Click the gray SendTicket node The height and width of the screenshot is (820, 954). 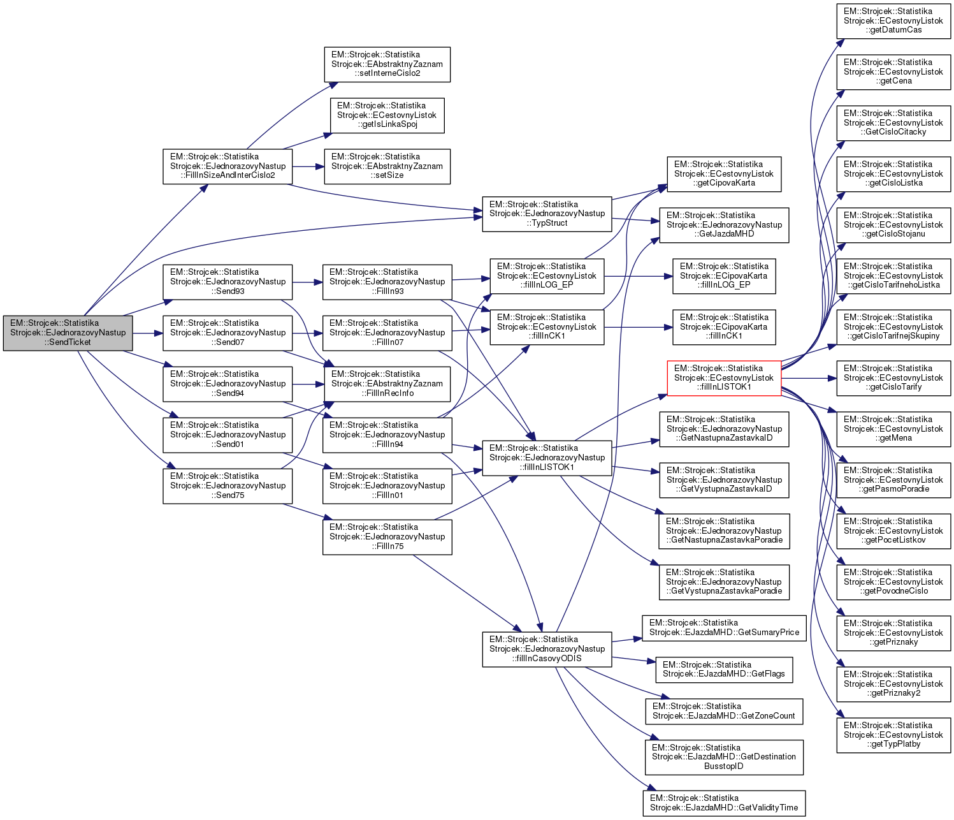coord(68,333)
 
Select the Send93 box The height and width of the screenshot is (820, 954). coord(228,282)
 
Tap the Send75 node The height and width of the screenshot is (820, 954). coord(228,486)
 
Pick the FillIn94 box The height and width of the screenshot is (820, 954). coord(387,435)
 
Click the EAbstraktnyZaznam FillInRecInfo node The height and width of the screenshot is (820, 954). coord(387,384)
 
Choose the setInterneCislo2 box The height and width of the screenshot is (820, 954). coord(387,64)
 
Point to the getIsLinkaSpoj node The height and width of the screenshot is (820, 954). coord(387,115)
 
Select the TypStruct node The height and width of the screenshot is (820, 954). coord(547,214)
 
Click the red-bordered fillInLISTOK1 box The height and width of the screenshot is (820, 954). coord(724,378)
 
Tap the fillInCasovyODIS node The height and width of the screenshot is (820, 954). coord(547,649)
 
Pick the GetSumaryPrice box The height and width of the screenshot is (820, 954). coord(724,628)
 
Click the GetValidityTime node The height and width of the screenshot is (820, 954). coord(724,803)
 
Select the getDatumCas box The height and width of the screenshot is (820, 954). coord(893,21)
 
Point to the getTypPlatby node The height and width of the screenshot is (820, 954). coord(893,735)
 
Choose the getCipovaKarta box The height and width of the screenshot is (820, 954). coord(724,174)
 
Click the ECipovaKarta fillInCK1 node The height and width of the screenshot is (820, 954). coord(724,327)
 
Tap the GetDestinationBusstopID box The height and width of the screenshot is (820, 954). coord(724,757)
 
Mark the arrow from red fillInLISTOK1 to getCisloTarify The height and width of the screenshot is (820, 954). coord(809,378)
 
